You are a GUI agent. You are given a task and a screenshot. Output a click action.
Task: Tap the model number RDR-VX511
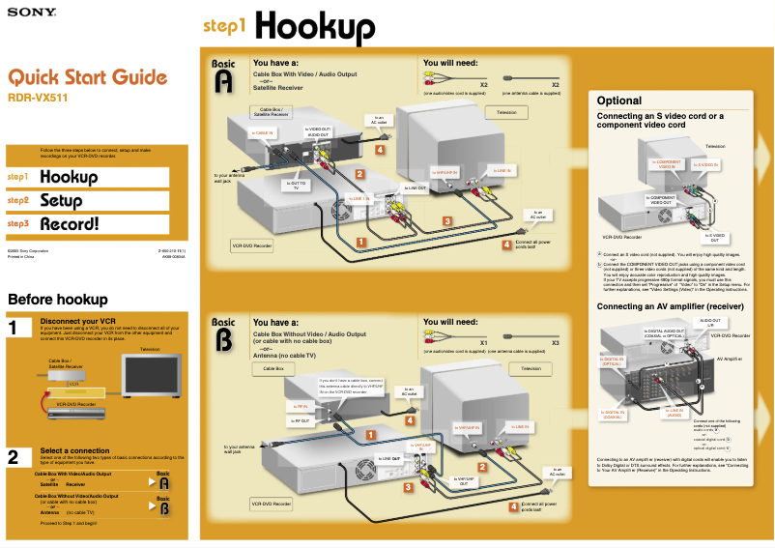[x=38, y=98]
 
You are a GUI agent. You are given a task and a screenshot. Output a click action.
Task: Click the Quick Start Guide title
[x=88, y=77]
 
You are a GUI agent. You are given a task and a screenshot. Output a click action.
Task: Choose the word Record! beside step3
[x=70, y=224]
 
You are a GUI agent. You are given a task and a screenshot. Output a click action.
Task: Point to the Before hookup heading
[x=57, y=300]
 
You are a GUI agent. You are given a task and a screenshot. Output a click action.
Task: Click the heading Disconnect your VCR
[x=78, y=321]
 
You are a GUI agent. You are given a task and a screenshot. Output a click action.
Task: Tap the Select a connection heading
[x=79, y=450]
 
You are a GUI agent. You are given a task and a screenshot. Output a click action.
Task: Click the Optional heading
[x=618, y=101]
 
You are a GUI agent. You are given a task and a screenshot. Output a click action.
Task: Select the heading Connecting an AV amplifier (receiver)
[x=669, y=306]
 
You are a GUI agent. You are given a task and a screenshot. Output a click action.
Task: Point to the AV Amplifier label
[x=730, y=358]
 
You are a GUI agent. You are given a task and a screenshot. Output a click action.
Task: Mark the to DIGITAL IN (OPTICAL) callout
[x=613, y=362]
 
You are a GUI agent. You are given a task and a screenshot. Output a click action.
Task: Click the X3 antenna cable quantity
[x=555, y=342]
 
